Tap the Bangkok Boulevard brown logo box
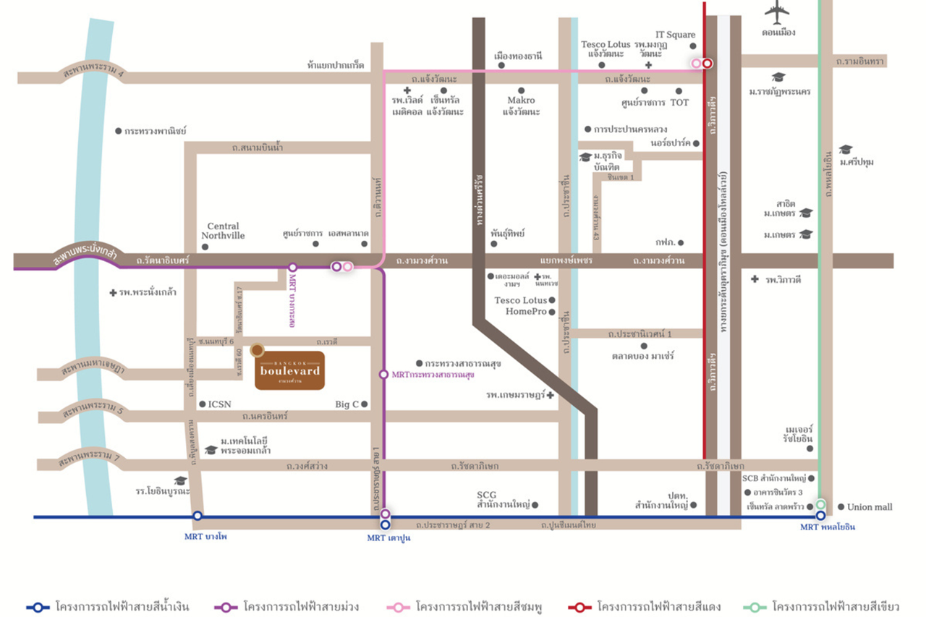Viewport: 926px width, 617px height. [289, 370]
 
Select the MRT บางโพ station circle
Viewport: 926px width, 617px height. [197, 516]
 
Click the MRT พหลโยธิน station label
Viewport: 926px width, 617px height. [827, 527]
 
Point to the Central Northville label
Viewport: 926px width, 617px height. [223, 231]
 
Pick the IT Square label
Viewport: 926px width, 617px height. [675, 35]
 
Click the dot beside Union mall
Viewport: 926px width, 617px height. [841, 507]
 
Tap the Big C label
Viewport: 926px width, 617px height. [347, 404]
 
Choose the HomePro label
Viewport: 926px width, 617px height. [525, 312]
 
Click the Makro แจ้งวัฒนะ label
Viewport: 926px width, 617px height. [521, 106]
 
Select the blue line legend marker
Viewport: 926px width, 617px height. [38, 607]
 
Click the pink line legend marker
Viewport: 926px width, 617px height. [398, 607]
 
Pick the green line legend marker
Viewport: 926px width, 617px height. [755, 607]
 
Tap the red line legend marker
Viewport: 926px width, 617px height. [579, 607]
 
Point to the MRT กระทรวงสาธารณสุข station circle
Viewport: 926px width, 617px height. [383, 374]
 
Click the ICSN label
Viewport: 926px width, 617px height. [219, 404]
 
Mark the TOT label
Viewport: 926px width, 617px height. [679, 103]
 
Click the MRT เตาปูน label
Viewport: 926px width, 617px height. [388, 538]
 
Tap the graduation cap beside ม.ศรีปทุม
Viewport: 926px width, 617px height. [846, 150]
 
